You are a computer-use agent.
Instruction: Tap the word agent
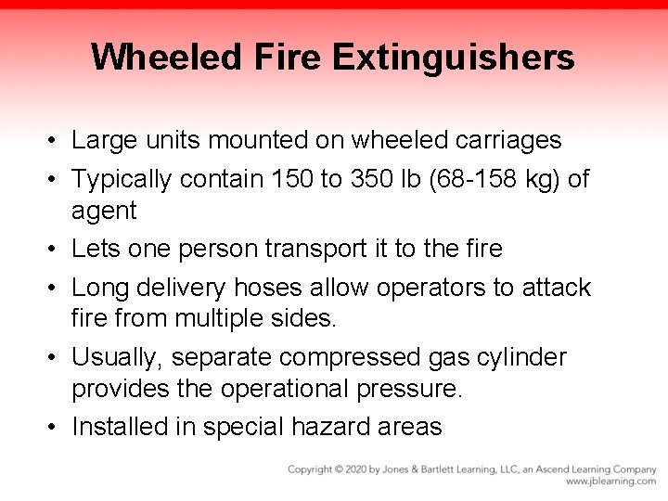click(104, 211)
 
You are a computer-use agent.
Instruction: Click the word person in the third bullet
click(216, 249)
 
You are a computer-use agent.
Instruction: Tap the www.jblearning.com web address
click(610, 482)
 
